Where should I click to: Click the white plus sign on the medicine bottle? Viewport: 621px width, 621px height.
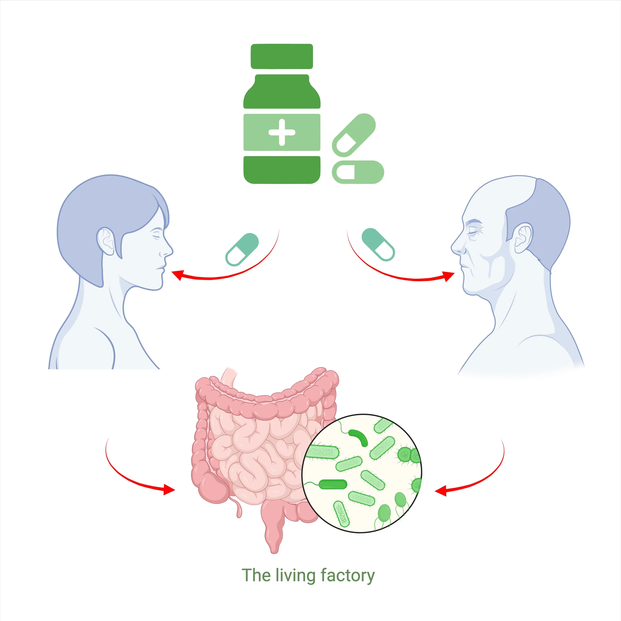point(282,132)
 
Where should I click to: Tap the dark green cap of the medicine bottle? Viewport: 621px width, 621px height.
point(282,56)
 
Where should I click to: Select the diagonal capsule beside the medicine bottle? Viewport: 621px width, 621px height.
point(353,135)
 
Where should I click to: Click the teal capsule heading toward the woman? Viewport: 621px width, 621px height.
point(242,249)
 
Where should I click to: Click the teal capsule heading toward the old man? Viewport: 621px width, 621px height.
point(378,244)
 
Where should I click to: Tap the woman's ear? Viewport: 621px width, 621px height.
point(106,241)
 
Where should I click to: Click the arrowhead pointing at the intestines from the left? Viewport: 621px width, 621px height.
point(169,490)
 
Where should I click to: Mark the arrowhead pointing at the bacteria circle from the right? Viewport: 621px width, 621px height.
point(440,491)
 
